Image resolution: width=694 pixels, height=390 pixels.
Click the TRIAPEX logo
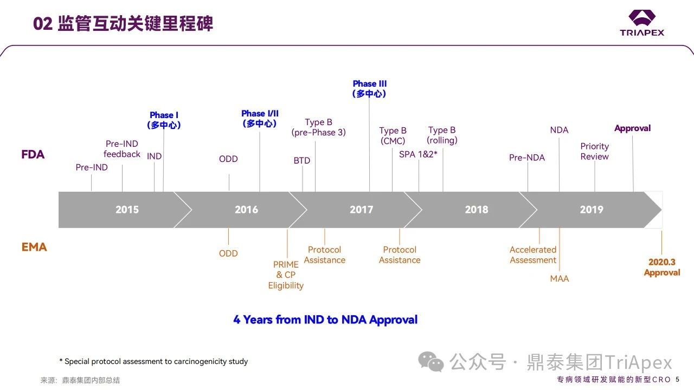(x=642, y=23)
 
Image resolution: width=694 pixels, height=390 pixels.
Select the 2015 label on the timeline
(x=127, y=210)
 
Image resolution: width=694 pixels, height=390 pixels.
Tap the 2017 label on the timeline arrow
(x=361, y=210)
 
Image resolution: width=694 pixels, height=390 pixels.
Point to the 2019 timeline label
(x=591, y=210)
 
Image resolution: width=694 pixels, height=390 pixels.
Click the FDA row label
(x=33, y=154)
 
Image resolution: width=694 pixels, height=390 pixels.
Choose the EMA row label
(x=34, y=247)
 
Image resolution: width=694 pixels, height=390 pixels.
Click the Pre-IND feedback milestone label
(x=122, y=149)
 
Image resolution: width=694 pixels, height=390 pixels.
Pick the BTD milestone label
(x=302, y=161)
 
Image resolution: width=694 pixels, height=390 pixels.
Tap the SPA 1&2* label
(x=418, y=154)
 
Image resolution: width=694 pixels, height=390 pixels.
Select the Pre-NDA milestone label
(x=527, y=158)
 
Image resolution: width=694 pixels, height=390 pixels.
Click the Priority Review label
(x=595, y=151)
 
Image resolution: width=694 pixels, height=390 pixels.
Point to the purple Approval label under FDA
(x=632, y=128)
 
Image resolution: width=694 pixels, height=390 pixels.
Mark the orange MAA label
(x=560, y=278)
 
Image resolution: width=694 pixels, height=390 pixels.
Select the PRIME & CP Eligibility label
(x=286, y=275)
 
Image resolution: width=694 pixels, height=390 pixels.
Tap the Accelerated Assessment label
(x=533, y=255)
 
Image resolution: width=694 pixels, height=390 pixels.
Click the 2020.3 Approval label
(x=662, y=267)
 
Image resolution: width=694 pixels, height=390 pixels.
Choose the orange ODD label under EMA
(x=228, y=253)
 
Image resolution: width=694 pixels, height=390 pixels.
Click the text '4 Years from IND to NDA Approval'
(x=325, y=320)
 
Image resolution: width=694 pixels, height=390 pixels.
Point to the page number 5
(x=678, y=379)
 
